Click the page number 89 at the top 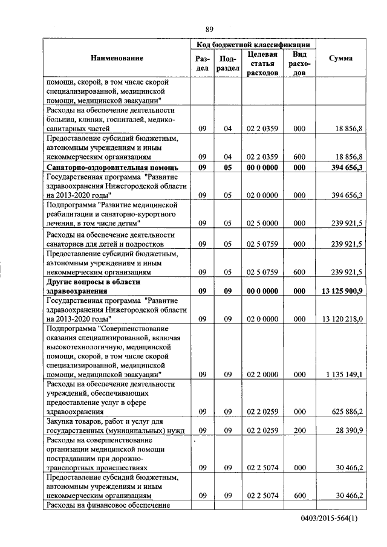point(209,29)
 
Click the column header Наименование point(117,58)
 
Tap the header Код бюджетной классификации point(253,45)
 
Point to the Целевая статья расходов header point(262,63)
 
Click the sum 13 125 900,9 point(342,291)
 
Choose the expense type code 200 point(299,430)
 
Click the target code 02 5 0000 point(262,224)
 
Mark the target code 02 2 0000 point(262,375)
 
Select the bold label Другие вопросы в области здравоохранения point(93,286)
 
